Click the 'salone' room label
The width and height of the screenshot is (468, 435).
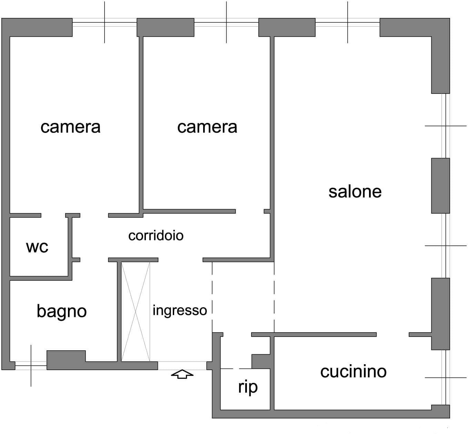click(x=355, y=192)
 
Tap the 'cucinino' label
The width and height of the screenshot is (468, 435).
click(x=353, y=372)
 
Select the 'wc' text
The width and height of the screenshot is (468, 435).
click(x=37, y=247)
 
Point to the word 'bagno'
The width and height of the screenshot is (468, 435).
click(x=61, y=311)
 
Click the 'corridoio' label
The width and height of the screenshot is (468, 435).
click(x=156, y=236)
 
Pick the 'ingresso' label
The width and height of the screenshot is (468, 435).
click(x=180, y=310)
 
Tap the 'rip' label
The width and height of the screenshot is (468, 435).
click(x=248, y=387)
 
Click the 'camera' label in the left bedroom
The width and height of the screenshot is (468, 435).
click(x=70, y=127)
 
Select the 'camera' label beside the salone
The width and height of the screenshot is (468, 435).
click(x=207, y=127)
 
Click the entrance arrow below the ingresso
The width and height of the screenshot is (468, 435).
click(x=182, y=374)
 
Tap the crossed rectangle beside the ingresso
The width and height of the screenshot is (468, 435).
click(x=136, y=312)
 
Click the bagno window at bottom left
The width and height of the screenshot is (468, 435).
click(x=31, y=365)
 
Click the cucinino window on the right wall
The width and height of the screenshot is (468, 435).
click(x=445, y=377)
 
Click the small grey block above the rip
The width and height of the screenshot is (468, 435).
click(x=261, y=361)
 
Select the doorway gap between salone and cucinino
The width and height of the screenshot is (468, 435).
click(x=392, y=335)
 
